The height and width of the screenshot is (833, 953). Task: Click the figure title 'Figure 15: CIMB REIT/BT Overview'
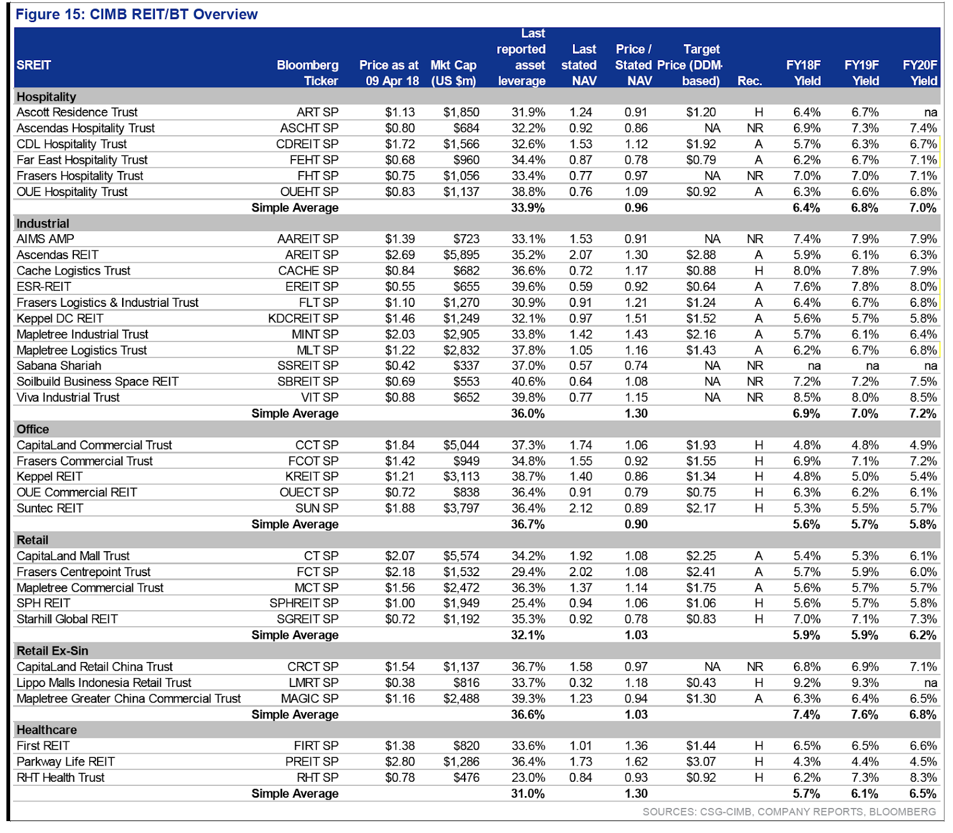tap(136, 14)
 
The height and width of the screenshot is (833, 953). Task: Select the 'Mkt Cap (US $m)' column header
tap(454, 73)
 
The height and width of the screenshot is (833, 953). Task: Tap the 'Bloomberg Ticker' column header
tap(307, 73)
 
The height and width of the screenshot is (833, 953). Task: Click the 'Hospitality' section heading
tap(46, 97)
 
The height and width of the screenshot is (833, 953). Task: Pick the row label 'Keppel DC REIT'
tap(60, 318)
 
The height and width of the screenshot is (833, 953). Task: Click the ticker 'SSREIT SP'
tap(308, 365)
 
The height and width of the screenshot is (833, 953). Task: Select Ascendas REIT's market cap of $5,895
tap(461, 254)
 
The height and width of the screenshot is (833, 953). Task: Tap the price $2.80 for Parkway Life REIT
tap(400, 761)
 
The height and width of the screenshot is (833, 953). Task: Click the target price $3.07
tap(701, 761)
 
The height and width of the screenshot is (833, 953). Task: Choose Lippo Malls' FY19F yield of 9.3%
tap(864, 682)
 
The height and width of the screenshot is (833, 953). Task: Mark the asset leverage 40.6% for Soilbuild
tap(528, 381)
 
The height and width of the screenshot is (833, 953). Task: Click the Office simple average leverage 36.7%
tap(528, 524)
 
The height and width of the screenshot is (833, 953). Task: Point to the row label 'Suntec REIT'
tap(50, 508)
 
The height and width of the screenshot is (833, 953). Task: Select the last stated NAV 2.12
tap(581, 508)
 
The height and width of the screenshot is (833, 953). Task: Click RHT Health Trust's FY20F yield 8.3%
tap(923, 778)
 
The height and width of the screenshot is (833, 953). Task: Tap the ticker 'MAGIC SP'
tap(310, 698)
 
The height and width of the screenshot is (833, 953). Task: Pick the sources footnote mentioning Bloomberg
tap(789, 812)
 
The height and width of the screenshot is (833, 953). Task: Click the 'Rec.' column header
tap(749, 81)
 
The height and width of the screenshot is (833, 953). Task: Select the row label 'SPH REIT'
tap(43, 603)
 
